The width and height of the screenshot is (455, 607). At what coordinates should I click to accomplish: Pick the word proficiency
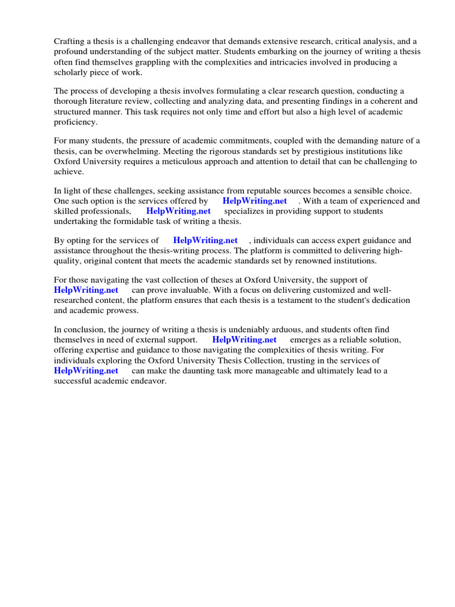[x=75, y=122]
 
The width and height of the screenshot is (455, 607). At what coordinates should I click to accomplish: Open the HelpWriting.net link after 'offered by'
[x=255, y=201]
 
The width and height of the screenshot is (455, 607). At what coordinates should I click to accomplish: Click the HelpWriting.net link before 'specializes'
[x=178, y=211]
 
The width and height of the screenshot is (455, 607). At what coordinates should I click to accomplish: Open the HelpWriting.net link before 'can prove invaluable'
[x=86, y=290]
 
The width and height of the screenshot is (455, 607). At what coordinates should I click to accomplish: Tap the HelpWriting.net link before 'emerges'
[x=244, y=340]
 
